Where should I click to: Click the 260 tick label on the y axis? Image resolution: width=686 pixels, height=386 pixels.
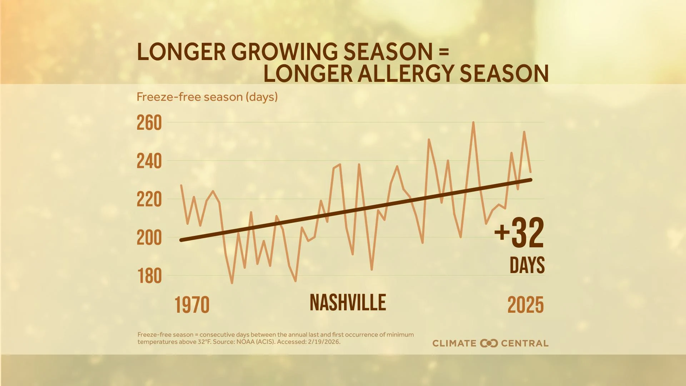pyautogui.click(x=149, y=123)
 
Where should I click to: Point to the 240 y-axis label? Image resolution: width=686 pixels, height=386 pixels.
pyautogui.click(x=149, y=162)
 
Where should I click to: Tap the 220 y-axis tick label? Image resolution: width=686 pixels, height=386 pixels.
pyautogui.click(x=149, y=200)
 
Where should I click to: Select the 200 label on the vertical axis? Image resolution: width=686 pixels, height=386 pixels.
pyautogui.click(x=149, y=238)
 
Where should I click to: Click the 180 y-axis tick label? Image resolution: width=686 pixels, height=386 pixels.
pyautogui.click(x=149, y=276)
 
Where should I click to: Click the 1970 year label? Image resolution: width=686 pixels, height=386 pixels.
pyautogui.click(x=192, y=305)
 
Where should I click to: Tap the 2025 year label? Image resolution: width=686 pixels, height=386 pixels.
pyautogui.click(x=525, y=305)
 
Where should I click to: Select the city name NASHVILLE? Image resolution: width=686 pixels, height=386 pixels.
pyautogui.click(x=348, y=303)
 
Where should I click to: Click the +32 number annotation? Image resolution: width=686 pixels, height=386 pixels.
pyautogui.click(x=519, y=233)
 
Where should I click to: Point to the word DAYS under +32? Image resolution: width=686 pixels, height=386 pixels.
pyautogui.click(x=527, y=265)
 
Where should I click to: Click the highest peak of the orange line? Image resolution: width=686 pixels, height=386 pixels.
pyautogui.click(x=473, y=123)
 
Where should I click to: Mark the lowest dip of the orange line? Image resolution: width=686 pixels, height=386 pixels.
pyautogui.click(x=232, y=283)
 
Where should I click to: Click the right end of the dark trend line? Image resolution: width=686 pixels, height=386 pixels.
pyautogui.click(x=531, y=180)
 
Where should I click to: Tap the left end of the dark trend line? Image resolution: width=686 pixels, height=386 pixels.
pyautogui.click(x=181, y=240)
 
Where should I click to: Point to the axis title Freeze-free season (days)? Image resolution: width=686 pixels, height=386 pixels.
pyautogui.click(x=207, y=97)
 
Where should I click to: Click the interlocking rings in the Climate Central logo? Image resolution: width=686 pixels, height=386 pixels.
pyautogui.click(x=489, y=343)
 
